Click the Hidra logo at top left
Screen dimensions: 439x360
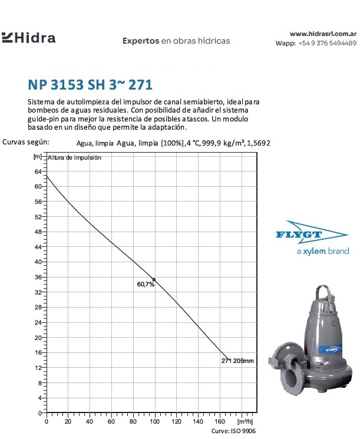pyautogui.click(x=29, y=38)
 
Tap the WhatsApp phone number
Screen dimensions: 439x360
pyautogui.click(x=327, y=43)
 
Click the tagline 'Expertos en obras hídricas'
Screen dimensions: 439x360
pyautogui.click(x=176, y=41)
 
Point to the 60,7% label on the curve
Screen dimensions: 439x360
pyautogui.click(x=146, y=284)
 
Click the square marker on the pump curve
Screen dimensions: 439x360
pyautogui.click(x=154, y=279)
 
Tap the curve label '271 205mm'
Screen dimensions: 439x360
pyautogui.click(x=237, y=360)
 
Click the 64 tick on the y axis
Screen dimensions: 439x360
pyautogui.click(x=38, y=171)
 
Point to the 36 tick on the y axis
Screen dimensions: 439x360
pyautogui.click(x=38, y=277)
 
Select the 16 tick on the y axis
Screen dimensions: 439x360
pyautogui.click(x=38, y=352)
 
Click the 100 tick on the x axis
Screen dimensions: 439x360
pyautogui.click(x=154, y=422)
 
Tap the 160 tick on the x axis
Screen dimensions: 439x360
pyautogui.click(x=219, y=422)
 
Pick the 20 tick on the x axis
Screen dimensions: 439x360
pyautogui.click(x=68, y=422)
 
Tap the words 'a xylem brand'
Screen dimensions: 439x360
pyautogui.click(x=322, y=251)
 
